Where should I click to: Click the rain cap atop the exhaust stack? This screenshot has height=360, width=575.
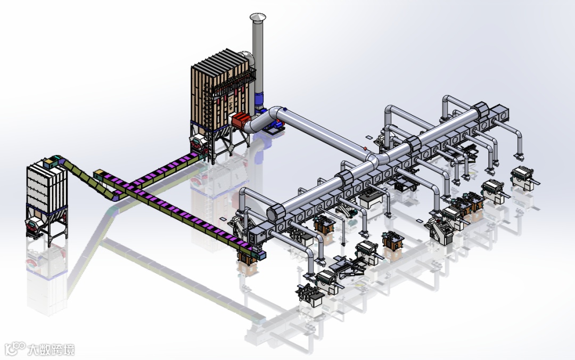pos(258,17)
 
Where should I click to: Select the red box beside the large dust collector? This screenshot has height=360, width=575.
pos(241,120)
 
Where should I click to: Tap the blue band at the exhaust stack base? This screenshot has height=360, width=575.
pos(260,99)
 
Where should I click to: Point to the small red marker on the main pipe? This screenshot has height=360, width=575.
pos(365,148)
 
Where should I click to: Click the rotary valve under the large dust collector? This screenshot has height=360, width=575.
pos(198,142)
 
